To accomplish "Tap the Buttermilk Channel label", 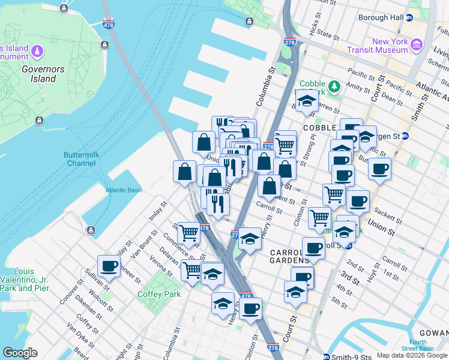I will (x=80, y=159).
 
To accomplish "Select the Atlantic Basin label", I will (x=124, y=190).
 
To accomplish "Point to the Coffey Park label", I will (x=159, y=294).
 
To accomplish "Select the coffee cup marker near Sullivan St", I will (x=109, y=266).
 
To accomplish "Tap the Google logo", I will (x=20, y=353).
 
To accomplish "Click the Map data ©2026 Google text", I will (x=411, y=355).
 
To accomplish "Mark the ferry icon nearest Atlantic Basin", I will (x=91, y=230).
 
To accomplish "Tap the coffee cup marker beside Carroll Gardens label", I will (x=313, y=247).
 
